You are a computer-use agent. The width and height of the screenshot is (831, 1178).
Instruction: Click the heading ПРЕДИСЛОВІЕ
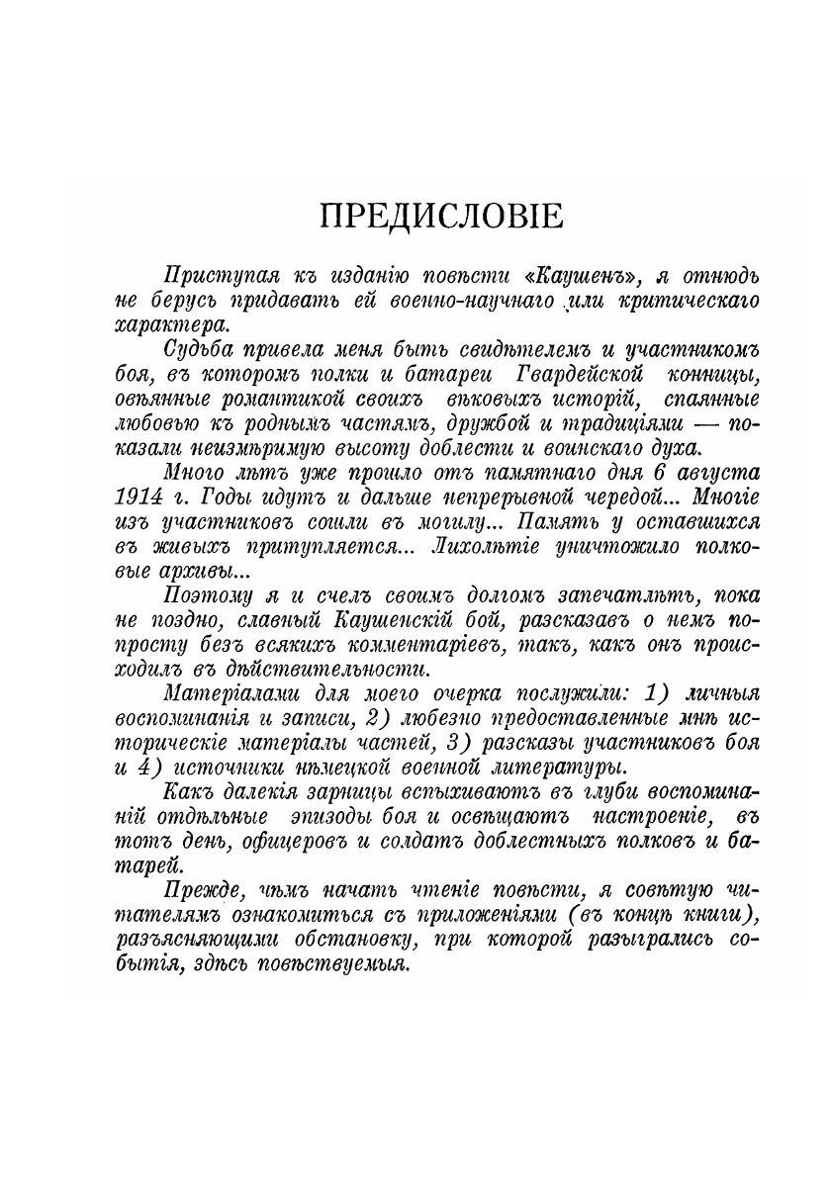pyautogui.click(x=442, y=215)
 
